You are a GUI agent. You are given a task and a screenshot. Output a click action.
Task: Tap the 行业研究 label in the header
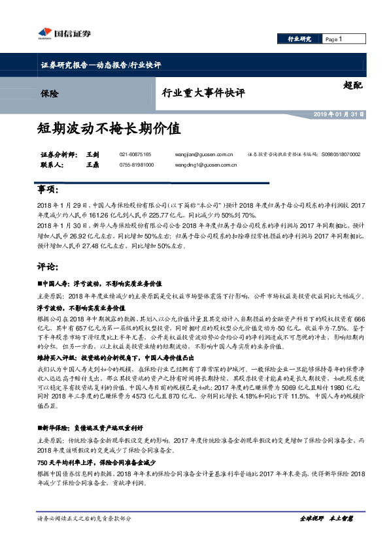(299, 40)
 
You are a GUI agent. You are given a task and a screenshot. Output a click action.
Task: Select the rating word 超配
(353, 84)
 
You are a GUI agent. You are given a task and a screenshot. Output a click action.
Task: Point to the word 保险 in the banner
(49, 94)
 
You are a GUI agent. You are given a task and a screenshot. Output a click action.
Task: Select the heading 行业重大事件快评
(203, 93)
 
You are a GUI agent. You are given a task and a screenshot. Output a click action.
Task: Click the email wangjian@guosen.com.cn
(204, 154)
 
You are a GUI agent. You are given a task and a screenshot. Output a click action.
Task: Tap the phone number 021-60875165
(135, 154)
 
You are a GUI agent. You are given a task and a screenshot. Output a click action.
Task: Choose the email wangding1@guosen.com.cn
(206, 166)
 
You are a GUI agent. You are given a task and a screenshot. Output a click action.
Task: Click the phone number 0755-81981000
(136, 166)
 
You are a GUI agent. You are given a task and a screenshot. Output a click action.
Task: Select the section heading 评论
(48, 267)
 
